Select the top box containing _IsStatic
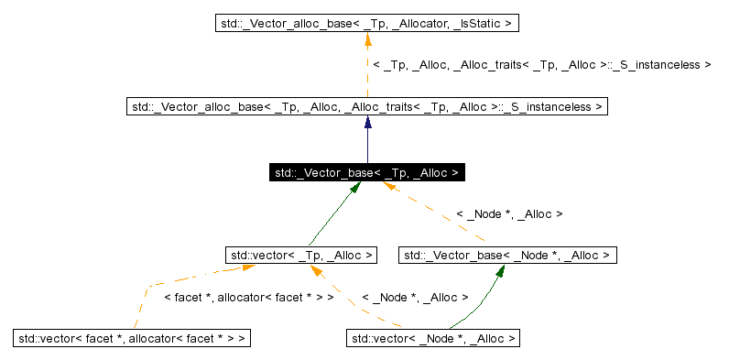coord(366,20)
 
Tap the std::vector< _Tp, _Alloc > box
coord(301,255)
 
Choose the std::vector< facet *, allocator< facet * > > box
coord(132,339)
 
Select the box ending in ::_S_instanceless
coord(366,107)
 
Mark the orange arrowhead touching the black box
coord(388,187)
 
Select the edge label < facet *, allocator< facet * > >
coord(247,298)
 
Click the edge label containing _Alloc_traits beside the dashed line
coord(541,65)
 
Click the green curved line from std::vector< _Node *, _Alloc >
coord(481,307)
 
